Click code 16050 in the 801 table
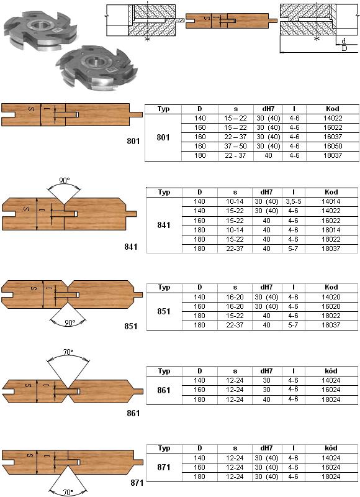pyautogui.click(x=333, y=146)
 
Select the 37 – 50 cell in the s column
pyautogui.click(x=235, y=146)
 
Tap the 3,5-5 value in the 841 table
pyautogui.click(x=293, y=201)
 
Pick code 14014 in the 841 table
pyautogui.click(x=331, y=201)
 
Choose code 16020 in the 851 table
pyautogui.click(x=331, y=306)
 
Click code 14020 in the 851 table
pyautogui.click(x=331, y=297)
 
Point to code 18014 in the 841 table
pyautogui.click(x=331, y=230)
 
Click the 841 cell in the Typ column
pyautogui.click(x=164, y=225)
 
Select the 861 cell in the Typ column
pyautogui.click(x=164, y=390)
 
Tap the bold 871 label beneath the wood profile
pyautogui.click(x=137, y=483)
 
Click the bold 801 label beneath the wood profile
pyautogui.click(x=133, y=141)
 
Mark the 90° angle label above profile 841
pyautogui.click(x=64, y=180)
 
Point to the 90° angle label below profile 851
pyautogui.click(x=70, y=322)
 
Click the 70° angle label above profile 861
pyautogui.click(x=68, y=352)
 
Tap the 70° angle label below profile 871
pyautogui.click(x=68, y=492)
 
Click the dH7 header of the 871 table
pyautogui.click(x=266, y=448)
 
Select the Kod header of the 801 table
pyautogui.click(x=333, y=109)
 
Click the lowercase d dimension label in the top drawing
pyautogui.click(x=344, y=41)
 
